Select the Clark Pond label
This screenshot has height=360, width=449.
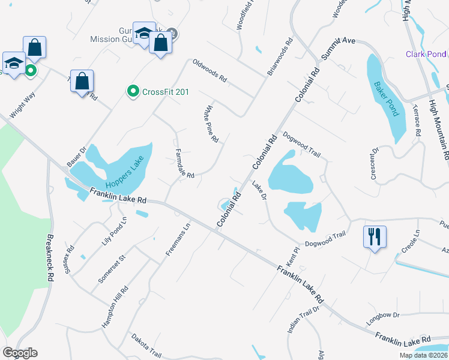[x=426, y=54]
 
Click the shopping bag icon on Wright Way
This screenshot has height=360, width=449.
[x=35, y=47]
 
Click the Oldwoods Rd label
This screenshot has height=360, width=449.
[x=209, y=71]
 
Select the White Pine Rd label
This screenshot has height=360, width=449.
[x=211, y=124]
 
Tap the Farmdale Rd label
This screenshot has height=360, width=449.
[x=184, y=164]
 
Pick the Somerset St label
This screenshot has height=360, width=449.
[x=112, y=270]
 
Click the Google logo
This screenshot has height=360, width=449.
[x=20, y=352]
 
